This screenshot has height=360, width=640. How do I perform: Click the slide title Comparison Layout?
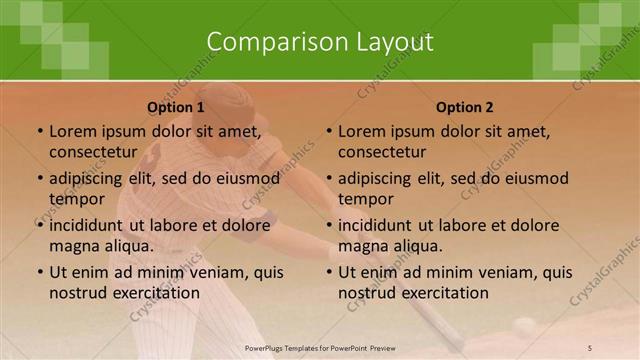pyautogui.click(x=320, y=42)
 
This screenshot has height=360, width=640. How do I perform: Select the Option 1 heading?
pyautogui.click(x=176, y=107)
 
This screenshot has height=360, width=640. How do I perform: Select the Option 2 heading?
pyautogui.click(x=465, y=107)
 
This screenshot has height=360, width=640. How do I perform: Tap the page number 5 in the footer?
pyautogui.click(x=589, y=346)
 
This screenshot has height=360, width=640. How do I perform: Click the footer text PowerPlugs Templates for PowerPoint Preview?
pyautogui.click(x=320, y=346)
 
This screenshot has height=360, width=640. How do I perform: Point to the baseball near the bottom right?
pyautogui.click(x=524, y=325)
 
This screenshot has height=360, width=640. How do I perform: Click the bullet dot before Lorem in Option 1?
pyautogui.click(x=39, y=131)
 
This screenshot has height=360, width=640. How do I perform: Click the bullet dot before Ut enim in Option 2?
pyautogui.click(x=329, y=272)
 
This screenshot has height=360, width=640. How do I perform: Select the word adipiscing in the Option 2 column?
pyautogui.click(x=374, y=178)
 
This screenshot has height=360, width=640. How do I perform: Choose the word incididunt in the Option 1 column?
pyautogui.click(x=87, y=225)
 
